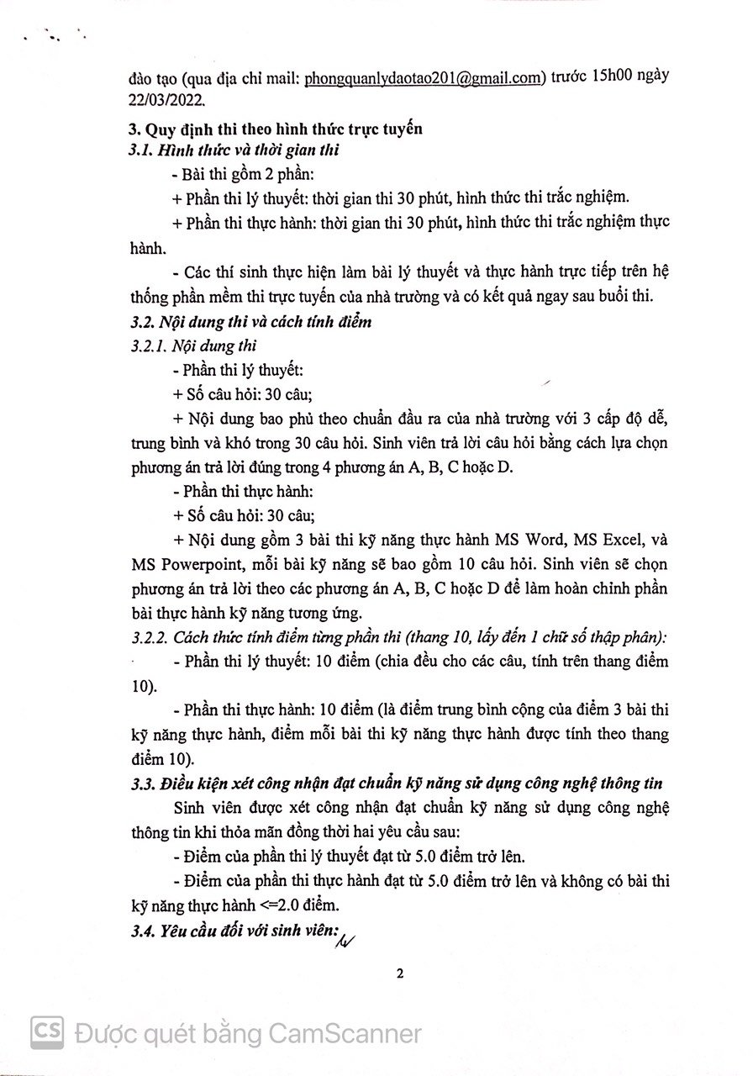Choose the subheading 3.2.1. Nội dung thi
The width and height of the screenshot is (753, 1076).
coord(189,345)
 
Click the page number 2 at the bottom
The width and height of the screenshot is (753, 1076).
coord(400,974)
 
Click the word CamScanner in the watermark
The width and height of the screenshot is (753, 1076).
coord(343,1031)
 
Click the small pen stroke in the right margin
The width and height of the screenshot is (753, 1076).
coord(548,382)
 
